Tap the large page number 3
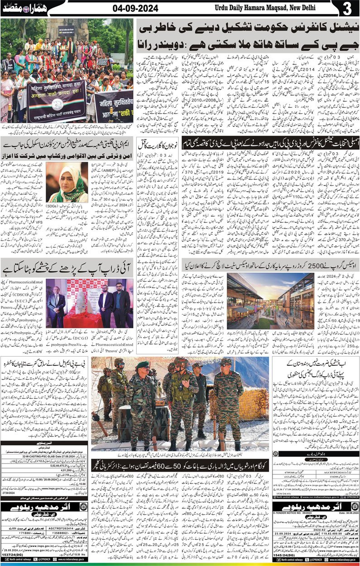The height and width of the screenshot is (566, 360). pos(347,9)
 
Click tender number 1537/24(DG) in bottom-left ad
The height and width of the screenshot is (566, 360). pos(18,556)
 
